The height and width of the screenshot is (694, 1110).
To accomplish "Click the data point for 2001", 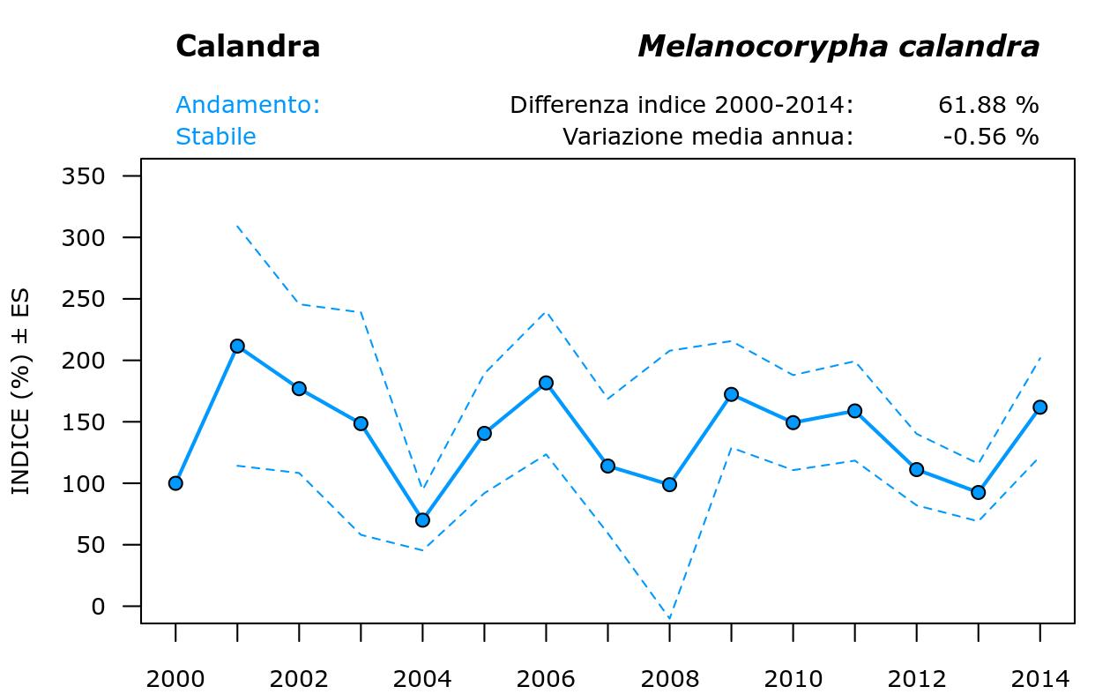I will click(x=237, y=346).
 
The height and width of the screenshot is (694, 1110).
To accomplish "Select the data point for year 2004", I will click(x=422, y=520).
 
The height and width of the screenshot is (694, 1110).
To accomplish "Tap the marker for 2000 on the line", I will click(x=175, y=483).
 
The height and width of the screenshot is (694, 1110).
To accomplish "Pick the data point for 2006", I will click(x=546, y=383).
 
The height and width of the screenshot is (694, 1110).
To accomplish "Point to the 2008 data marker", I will click(x=669, y=484).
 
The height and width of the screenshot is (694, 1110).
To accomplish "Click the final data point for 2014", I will click(x=1039, y=407).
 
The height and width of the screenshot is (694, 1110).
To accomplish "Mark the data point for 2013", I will click(x=978, y=492).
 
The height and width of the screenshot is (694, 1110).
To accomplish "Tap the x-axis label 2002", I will click(x=299, y=679).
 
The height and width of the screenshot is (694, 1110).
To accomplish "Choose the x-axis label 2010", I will click(x=793, y=679).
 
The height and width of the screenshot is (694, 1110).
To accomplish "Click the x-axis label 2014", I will click(x=1039, y=679).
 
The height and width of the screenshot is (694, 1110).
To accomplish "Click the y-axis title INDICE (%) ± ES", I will click(x=21, y=392).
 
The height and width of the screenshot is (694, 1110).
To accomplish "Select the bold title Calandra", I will click(x=248, y=47).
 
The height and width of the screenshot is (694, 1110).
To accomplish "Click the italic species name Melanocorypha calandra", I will click(x=838, y=47).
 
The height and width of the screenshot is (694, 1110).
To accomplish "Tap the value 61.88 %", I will click(x=988, y=106).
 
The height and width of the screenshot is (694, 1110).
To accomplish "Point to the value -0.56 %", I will click(x=990, y=138).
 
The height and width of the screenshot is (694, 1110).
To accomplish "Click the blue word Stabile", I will click(x=216, y=138).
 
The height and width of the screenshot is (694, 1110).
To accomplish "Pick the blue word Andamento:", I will click(x=248, y=106).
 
